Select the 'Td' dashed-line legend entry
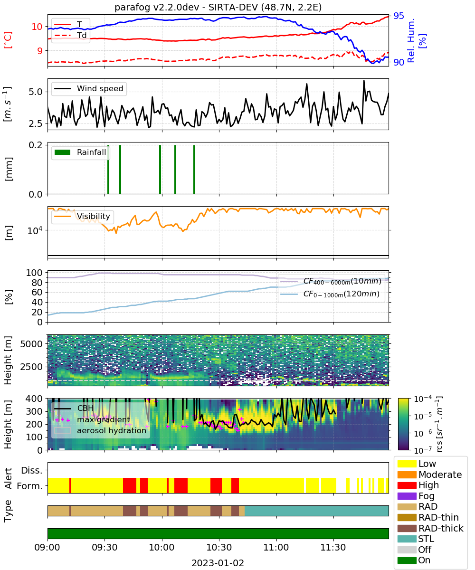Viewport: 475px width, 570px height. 70,35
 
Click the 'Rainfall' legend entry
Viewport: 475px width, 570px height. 80,152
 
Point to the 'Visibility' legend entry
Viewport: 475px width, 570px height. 82,216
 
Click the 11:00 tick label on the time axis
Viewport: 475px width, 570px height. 276,547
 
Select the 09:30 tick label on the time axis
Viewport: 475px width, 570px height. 104,547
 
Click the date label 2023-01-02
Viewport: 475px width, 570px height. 218,563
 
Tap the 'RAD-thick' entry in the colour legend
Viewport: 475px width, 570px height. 430,528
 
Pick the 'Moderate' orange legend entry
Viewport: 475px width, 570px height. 429,475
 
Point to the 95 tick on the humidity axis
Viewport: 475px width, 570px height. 399,16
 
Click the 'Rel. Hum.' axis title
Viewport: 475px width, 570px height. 411,40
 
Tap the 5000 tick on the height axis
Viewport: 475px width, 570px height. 31,344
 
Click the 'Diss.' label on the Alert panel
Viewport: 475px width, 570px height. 32,470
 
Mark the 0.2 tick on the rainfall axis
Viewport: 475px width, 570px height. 36,145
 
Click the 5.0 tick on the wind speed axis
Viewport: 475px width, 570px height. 36,92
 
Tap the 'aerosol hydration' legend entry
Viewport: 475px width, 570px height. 100,430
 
